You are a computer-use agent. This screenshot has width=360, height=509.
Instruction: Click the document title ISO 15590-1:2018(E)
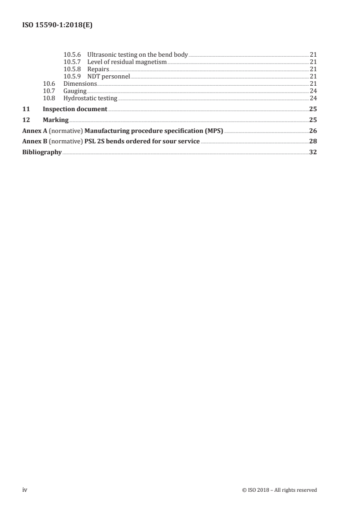pos(58,26)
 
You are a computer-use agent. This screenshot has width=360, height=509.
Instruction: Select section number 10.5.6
pos(72,55)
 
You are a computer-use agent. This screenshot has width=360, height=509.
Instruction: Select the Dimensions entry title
pos(80,84)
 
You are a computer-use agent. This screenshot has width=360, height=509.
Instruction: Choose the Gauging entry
pos(75,91)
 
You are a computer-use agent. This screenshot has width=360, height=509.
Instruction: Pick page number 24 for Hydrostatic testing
pos(313,98)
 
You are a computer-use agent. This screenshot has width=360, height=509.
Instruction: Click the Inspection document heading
pos(75,109)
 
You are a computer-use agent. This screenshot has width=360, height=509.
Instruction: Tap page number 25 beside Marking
pos(313,120)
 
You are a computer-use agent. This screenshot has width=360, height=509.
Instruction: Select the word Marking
pos(55,120)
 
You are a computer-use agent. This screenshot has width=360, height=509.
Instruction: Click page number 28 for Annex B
pos(313,142)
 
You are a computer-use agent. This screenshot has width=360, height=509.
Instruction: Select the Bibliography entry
pos(42,153)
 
